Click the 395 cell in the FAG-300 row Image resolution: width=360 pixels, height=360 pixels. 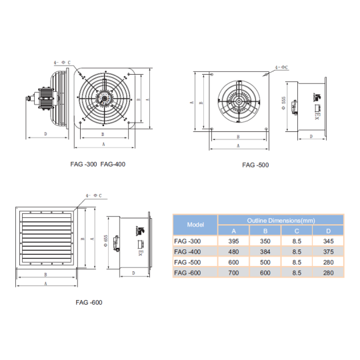(x=234, y=241)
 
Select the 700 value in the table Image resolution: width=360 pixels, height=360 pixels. (x=234, y=273)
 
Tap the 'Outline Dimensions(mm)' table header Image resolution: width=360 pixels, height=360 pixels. (x=281, y=219)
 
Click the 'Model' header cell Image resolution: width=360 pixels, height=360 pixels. (x=195, y=225)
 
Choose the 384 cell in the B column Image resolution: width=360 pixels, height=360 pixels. (x=265, y=251)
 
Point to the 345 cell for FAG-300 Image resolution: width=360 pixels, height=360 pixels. (x=329, y=241)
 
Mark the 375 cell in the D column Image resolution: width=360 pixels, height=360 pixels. (x=329, y=251)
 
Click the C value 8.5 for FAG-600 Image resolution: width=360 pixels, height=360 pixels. (x=297, y=273)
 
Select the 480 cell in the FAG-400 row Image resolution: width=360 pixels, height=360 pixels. (x=234, y=251)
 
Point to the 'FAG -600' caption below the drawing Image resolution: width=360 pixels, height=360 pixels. (x=88, y=302)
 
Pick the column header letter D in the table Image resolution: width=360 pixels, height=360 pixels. (x=329, y=230)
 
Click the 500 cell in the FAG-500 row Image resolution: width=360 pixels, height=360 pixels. (x=265, y=262)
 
